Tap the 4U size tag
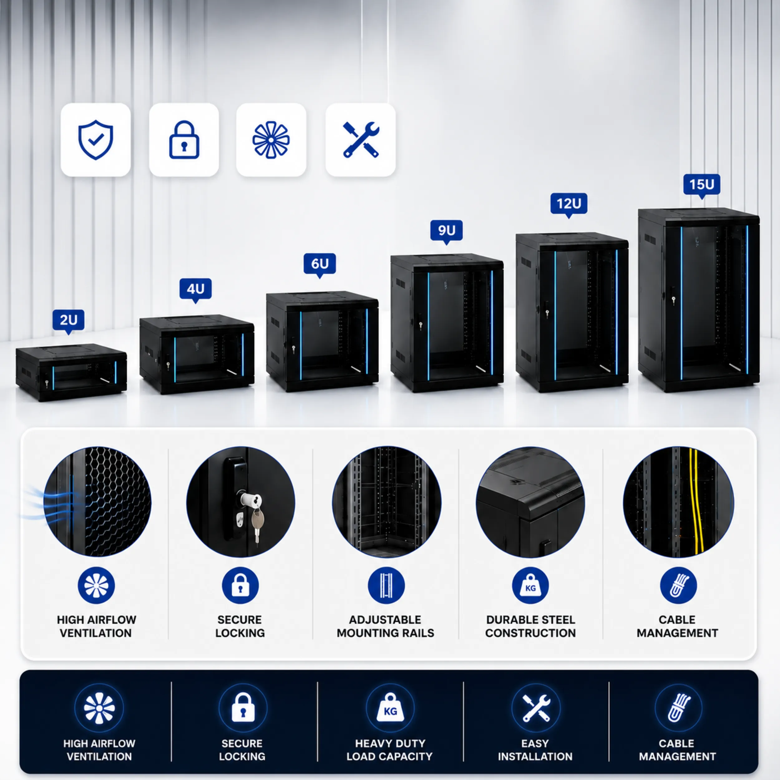click(195, 290)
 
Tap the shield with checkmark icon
click(96, 140)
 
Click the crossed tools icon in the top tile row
click(361, 140)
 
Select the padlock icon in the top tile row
click(184, 140)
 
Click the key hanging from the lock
click(257, 524)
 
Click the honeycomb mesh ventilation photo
click(97, 501)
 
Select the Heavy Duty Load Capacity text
click(390, 750)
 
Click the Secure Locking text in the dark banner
click(242, 750)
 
